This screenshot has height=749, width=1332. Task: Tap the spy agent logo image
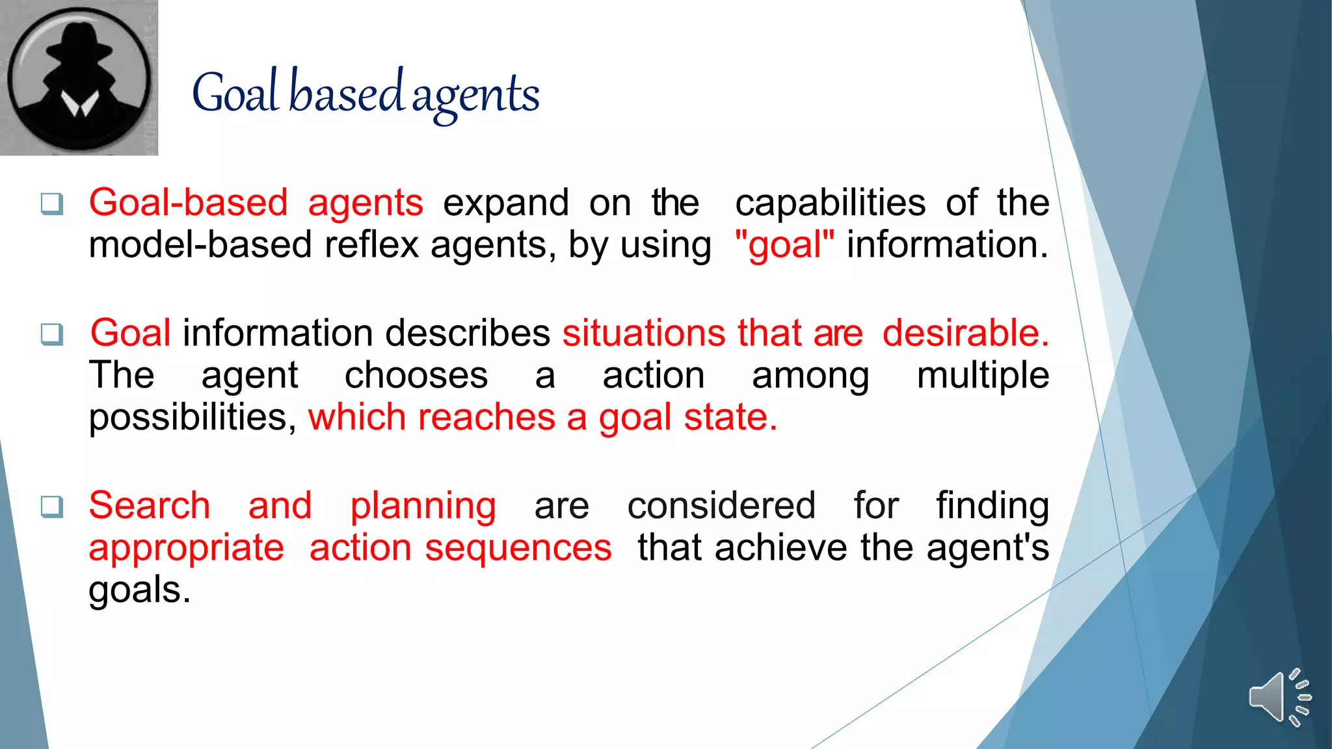79,77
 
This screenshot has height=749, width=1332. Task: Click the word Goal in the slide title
236,94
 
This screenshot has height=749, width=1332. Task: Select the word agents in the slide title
475,95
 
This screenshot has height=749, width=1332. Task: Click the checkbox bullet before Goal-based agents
52,204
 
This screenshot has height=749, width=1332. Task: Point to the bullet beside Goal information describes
52,334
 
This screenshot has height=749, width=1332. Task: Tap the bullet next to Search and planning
52,506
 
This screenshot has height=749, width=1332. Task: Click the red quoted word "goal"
784,245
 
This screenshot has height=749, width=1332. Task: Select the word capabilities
830,203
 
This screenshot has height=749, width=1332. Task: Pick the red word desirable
965,333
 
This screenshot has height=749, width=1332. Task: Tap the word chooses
416,376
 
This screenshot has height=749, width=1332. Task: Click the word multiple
983,376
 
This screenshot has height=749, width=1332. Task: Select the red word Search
150,506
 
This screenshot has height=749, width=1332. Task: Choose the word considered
721,506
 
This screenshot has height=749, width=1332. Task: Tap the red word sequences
518,549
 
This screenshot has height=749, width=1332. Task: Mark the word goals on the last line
139,590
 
